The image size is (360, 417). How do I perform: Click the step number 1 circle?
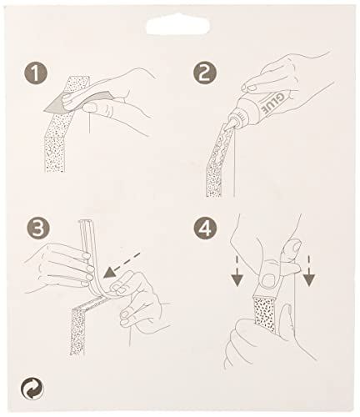click(36, 73)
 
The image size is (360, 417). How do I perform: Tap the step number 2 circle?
click(205, 73)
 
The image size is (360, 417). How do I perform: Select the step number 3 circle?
click(38, 229)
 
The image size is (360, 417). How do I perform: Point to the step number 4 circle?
click(205, 229)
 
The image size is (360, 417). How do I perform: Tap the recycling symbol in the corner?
click(32, 389)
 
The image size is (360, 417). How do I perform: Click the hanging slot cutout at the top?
click(178, 26)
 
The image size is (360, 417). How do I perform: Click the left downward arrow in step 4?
click(237, 271)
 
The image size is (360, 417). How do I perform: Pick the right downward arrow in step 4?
click(309, 271)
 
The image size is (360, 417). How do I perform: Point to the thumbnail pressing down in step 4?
click(268, 279)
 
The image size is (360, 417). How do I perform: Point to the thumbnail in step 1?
click(88, 106)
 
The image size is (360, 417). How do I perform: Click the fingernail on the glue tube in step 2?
click(252, 88)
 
